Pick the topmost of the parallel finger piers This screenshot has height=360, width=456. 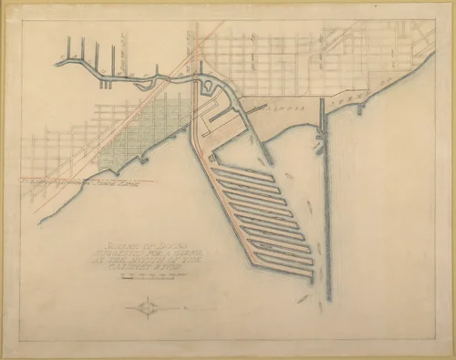[242, 171]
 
